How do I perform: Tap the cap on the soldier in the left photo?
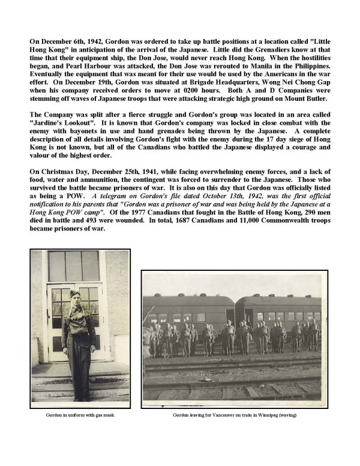tap(74, 294)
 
